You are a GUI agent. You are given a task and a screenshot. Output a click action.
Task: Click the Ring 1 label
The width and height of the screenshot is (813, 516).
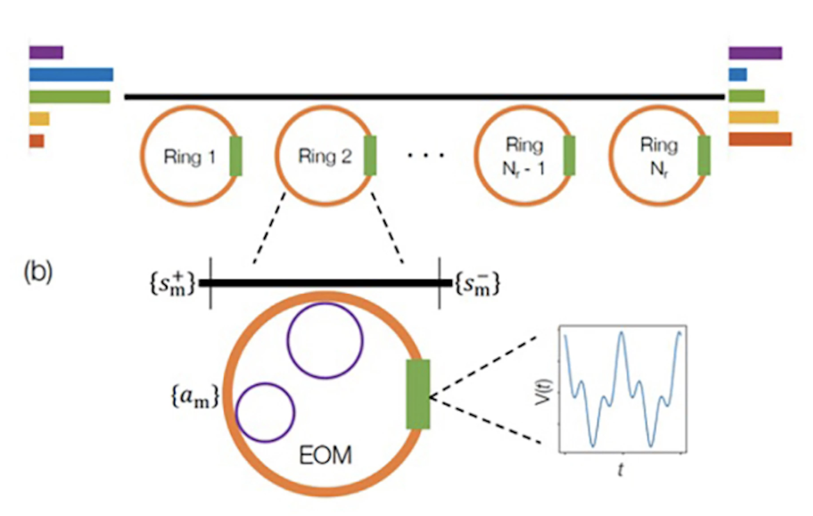pyautogui.click(x=189, y=157)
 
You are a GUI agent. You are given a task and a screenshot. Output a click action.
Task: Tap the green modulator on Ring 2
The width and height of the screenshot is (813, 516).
pyautogui.click(x=370, y=156)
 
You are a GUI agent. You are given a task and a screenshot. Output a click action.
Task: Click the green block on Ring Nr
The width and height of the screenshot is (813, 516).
pyautogui.click(x=704, y=156)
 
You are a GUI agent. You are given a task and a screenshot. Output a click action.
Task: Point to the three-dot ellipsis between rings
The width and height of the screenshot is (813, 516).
pyautogui.click(x=426, y=156)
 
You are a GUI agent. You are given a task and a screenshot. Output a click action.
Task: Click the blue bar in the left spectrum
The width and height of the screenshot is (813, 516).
pyautogui.click(x=71, y=74)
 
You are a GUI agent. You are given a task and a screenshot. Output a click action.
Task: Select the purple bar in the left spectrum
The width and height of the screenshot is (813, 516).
pyautogui.click(x=46, y=52)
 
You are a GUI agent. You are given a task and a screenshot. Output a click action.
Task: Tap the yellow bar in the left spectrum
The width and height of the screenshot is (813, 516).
pyautogui.click(x=39, y=119)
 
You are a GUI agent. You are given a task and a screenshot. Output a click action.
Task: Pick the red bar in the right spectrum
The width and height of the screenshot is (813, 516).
pyautogui.click(x=760, y=139)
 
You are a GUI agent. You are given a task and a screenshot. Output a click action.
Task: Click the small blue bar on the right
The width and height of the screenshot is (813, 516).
pyautogui.click(x=737, y=74)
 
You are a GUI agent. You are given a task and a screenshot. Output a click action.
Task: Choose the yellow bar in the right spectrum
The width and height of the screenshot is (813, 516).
pyautogui.click(x=753, y=117)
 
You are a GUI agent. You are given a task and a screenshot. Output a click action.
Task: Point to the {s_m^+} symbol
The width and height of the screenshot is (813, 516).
pyautogui.click(x=172, y=284)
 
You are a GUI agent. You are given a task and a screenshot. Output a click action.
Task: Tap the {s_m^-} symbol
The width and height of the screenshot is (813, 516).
pyautogui.click(x=477, y=284)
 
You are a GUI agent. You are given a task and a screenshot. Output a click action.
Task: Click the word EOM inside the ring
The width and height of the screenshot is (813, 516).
pyautogui.click(x=325, y=456)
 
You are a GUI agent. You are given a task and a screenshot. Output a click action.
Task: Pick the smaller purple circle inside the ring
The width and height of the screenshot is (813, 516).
pyautogui.click(x=265, y=412)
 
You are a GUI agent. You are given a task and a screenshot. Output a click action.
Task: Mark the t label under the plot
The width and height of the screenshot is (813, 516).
pyautogui.click(x=621, y=470)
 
